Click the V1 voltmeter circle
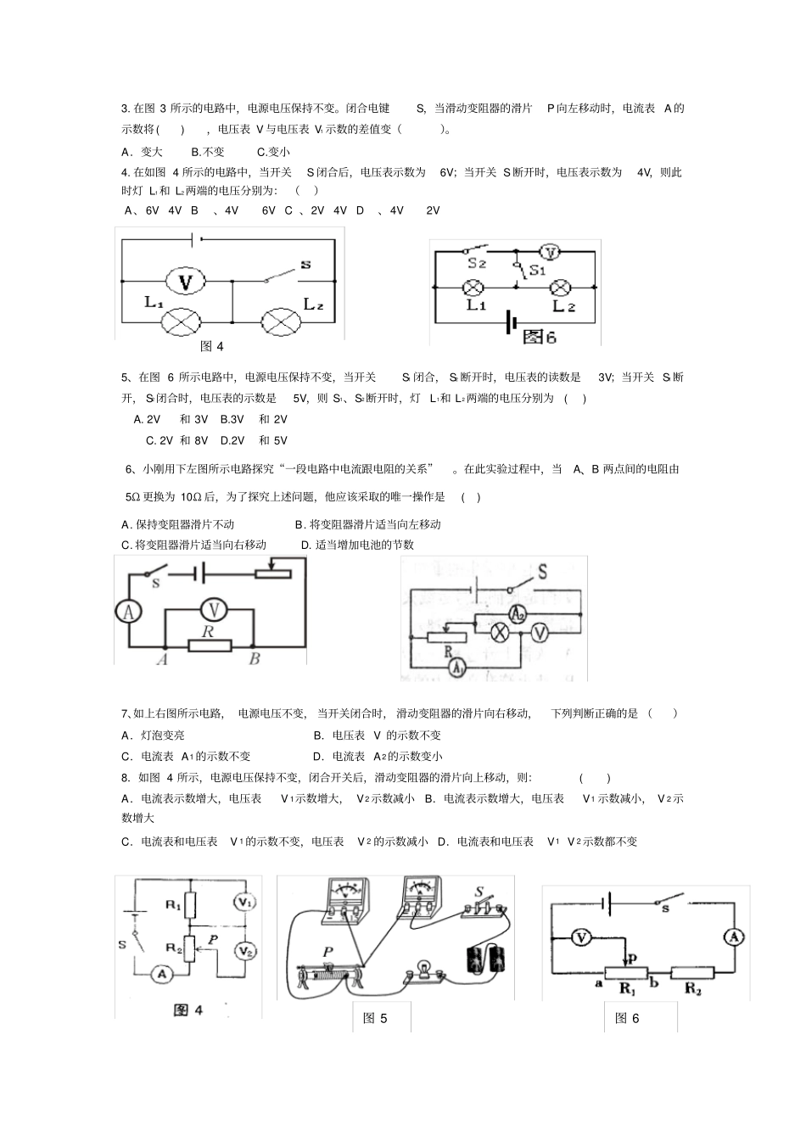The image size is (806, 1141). tap(245, 902)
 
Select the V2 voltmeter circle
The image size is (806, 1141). tap(245, 951)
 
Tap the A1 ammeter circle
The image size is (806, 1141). tap(457, 668)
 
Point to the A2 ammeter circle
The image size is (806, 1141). tap(517, 614)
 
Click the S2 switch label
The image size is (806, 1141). tap(477, 264)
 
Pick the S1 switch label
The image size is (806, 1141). tap(536, 271)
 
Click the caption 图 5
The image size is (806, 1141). tap(375, 1018)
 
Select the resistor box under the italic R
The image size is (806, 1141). tap(210, 646)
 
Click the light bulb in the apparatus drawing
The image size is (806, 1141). tap(421, 973)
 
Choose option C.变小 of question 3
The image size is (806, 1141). tap(273, 152)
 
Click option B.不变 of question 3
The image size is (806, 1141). tap(208, 152)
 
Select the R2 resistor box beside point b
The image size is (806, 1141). tap(692, 972)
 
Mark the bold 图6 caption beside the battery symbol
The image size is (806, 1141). tap(540, 336)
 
